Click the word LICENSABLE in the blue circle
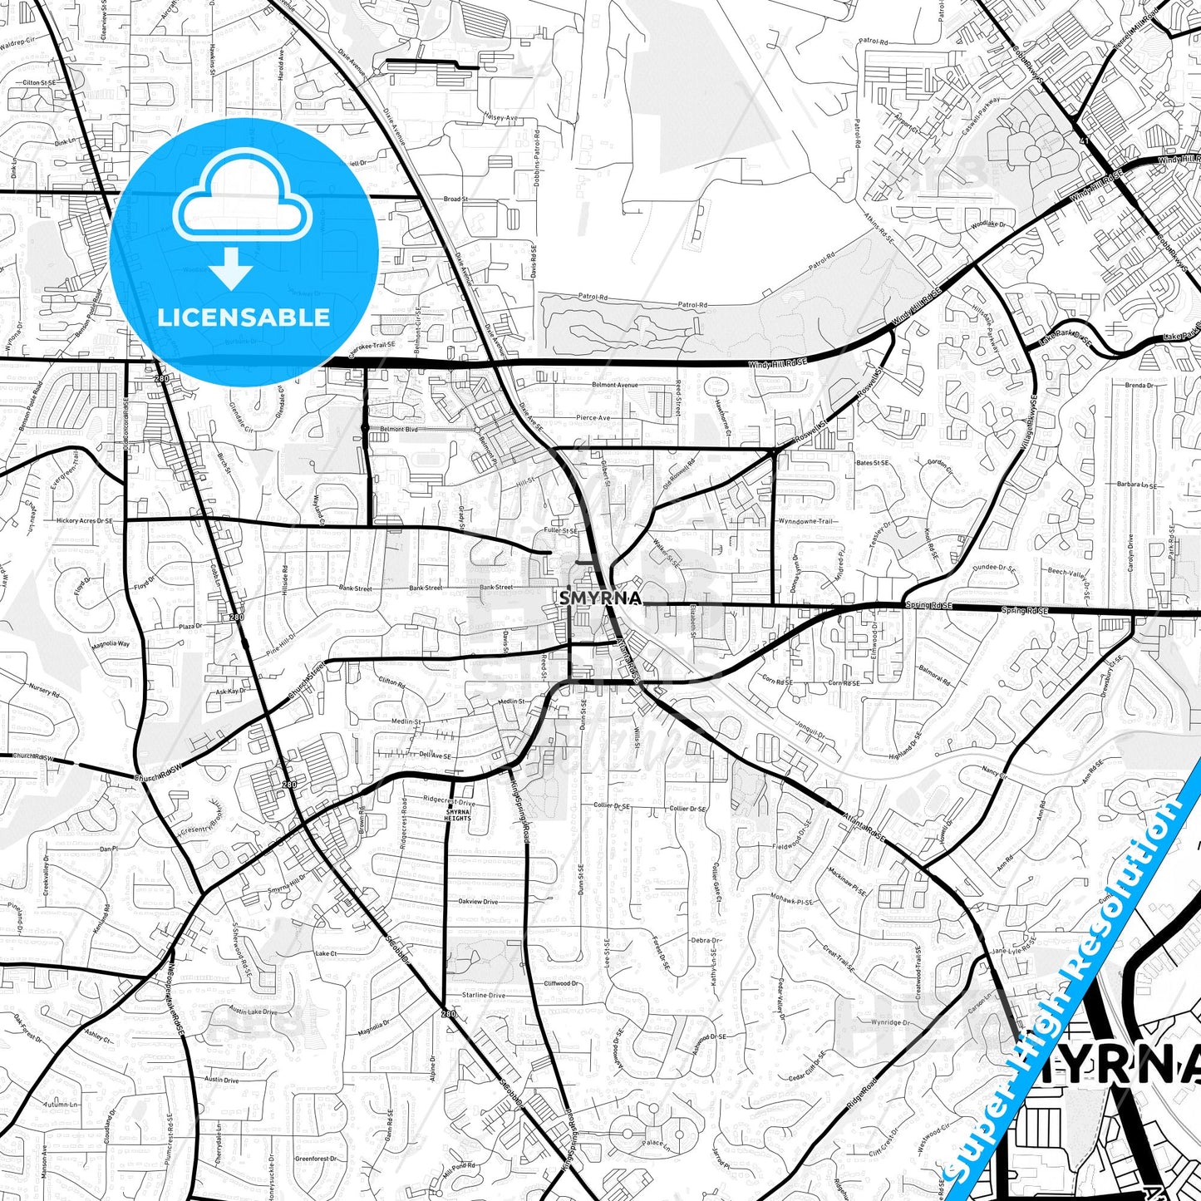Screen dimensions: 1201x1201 tap(244, 317)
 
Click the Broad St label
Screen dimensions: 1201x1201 tap(455, 199)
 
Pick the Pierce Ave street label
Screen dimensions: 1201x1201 tap(593, 418)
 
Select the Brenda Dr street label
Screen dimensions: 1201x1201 tap(1139, 386)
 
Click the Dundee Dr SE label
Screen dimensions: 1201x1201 tap(996, 569)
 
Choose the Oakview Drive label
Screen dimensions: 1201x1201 tap(478, 902)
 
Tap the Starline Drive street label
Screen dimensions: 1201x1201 tap(484, 995)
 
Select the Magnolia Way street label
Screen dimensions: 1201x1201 tap(111, 644)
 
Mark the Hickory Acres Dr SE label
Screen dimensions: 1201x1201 tap(84, 521)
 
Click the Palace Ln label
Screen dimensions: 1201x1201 tap(653, 1143)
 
